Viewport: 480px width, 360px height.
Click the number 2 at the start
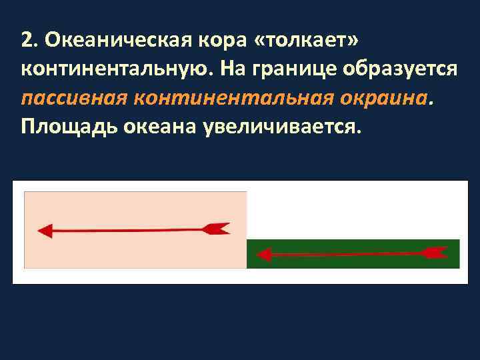[x=27, y=40]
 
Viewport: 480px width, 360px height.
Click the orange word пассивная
[x=73, y=98]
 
